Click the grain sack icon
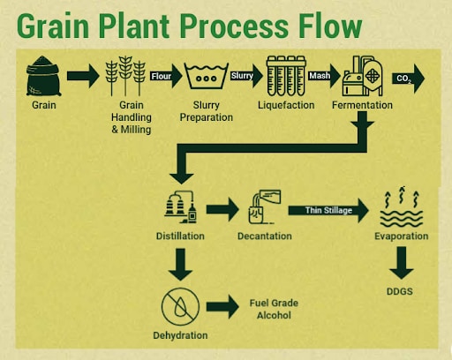tap(43, 76)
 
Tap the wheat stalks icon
tap(125, 76)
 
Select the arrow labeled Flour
tap(166, 76)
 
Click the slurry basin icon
tap(206, 76)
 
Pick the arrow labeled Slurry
tap(246, 76)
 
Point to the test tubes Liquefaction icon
tap(286, 76)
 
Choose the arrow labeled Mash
tap(324, 76)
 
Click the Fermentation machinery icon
tap(363, 76)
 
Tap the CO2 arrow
tap(409, 79)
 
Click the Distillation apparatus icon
tap(181, 207)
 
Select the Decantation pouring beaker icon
tap(265, 207)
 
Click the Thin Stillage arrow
tap(328, 210)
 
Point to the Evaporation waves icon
tap(402, 206)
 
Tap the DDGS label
tap(400, 291)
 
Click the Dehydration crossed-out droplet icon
tap(180, 306)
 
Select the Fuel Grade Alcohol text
tap(274, 309)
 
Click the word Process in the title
tap(234, 26)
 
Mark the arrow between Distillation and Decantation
tap(222, 209)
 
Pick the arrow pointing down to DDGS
tap(402, 263)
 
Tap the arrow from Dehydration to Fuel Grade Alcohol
tap(222, 307)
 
